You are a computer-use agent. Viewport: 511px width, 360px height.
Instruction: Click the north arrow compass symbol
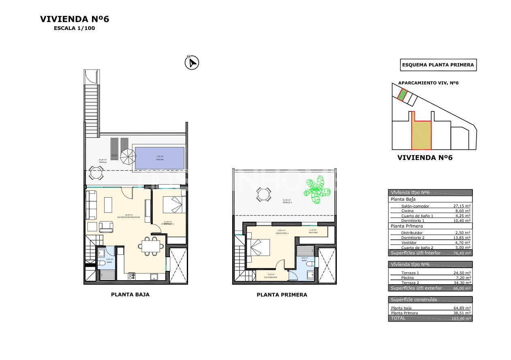(192, 63)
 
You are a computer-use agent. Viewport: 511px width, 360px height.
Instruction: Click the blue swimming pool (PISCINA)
(159, 158)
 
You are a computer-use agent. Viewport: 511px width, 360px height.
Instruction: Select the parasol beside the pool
(128, 156)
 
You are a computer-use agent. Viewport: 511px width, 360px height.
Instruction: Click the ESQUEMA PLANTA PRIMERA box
(438, 65)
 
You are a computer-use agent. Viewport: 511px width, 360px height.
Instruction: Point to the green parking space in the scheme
(402, 95)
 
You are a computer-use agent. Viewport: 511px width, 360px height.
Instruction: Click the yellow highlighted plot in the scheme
(421, 134)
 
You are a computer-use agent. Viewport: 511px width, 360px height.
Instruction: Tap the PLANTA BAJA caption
(130, 294)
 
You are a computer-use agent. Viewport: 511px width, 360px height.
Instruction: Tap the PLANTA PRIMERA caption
(282, 295)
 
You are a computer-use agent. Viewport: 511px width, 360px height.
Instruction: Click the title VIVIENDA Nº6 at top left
(75, 19)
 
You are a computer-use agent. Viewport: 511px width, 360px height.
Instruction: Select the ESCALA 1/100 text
(75, 28)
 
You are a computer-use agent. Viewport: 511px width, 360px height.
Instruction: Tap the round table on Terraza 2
(263, 195)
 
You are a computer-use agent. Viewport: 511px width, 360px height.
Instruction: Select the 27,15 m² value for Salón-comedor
(462, 206)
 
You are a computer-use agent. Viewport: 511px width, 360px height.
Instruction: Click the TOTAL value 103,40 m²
(461, 319)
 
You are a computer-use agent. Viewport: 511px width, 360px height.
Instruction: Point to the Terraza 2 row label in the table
(410, 283)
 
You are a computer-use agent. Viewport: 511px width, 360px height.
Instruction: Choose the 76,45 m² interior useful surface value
(462, 253)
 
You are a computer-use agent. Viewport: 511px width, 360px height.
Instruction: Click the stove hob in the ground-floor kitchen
(132, 277)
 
